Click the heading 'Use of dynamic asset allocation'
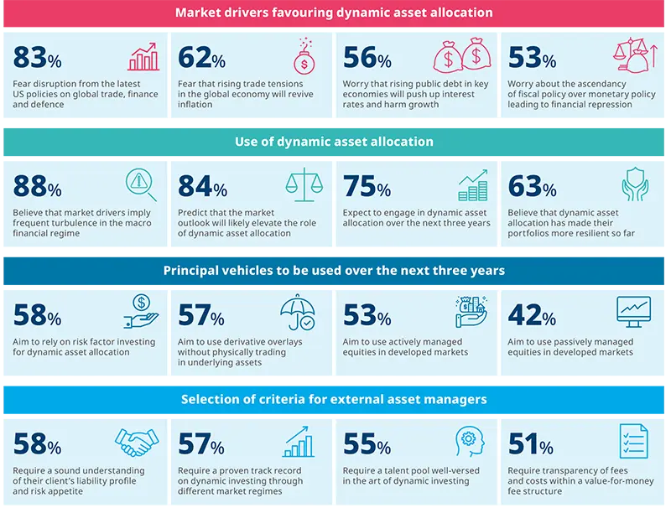334,142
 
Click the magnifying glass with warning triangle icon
141,185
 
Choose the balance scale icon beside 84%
305,185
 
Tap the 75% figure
367,188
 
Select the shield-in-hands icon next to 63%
635,185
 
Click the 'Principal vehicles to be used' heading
334,270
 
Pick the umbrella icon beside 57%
298,313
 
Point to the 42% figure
532,317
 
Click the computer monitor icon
633,313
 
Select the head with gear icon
471,442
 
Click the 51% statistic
530,446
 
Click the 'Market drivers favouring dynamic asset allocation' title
334,13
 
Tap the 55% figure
367,446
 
